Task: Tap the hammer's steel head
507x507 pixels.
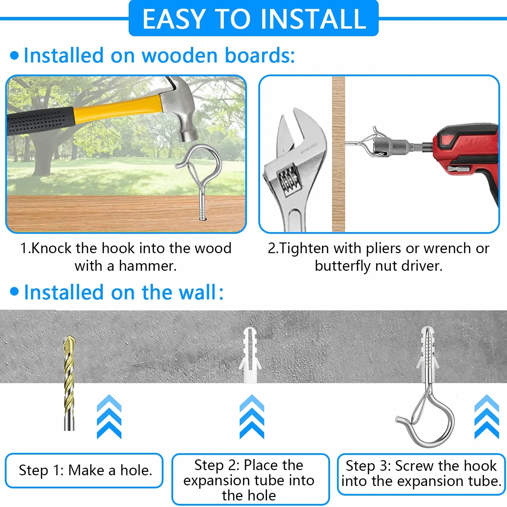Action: [x=179, y=108]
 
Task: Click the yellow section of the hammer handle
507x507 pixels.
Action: [x=118, y=108]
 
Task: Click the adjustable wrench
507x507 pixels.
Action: [x=295, y=171]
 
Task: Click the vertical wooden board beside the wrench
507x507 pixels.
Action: [x=338, y=154]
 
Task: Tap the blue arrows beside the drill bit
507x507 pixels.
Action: [x=109, y=417]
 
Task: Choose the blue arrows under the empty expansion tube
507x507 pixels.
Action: [x=252, y=417]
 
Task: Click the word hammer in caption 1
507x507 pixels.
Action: [x=147, y=266]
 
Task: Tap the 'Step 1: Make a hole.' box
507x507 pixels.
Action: [x=84, y=470]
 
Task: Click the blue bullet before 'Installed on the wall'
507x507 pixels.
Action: [x=14, y=291]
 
